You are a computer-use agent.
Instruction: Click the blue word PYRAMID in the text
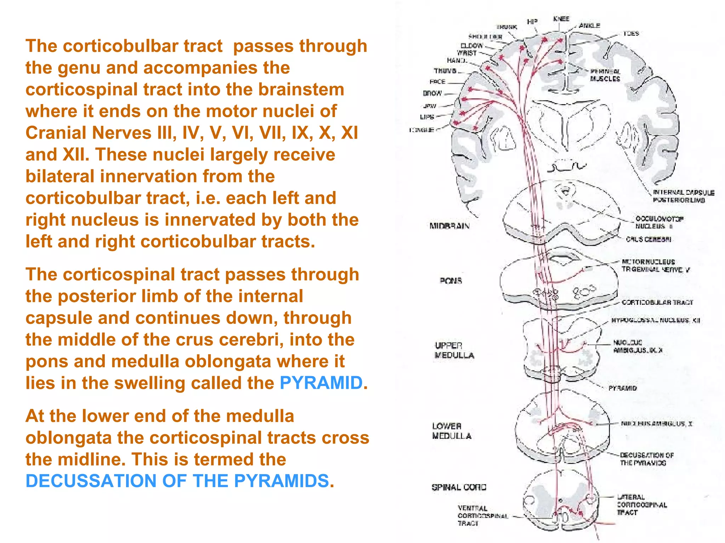coord(321,383)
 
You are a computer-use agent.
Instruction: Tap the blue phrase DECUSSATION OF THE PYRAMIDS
coord(177,481)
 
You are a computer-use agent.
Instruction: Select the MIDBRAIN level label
coord(449,226)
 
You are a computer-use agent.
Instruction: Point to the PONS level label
coord(451,281)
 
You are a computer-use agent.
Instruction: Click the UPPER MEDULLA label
coord(454,350)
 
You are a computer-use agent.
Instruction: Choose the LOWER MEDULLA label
coord(451,431)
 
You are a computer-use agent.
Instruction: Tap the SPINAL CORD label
coord(459,487)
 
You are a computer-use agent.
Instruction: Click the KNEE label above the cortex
coord(561,19)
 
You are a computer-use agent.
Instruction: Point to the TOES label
coord(631,34)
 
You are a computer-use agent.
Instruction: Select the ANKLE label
coord(589,25)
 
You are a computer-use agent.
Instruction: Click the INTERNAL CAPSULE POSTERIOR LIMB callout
coord(683,196)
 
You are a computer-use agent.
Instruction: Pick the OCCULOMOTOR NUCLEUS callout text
coord(659,222)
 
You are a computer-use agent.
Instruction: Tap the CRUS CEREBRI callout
coord(648,239)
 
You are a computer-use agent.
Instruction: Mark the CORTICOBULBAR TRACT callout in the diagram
coord(657,302)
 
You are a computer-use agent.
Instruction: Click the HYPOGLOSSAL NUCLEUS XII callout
coord(655,320)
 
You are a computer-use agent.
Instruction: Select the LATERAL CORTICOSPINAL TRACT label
coord(641,505)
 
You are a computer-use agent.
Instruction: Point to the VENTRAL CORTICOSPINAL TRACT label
coord(482,516)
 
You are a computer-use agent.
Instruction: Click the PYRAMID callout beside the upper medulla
coord(622,388)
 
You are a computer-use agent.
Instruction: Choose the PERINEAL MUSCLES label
coord(605,75)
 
